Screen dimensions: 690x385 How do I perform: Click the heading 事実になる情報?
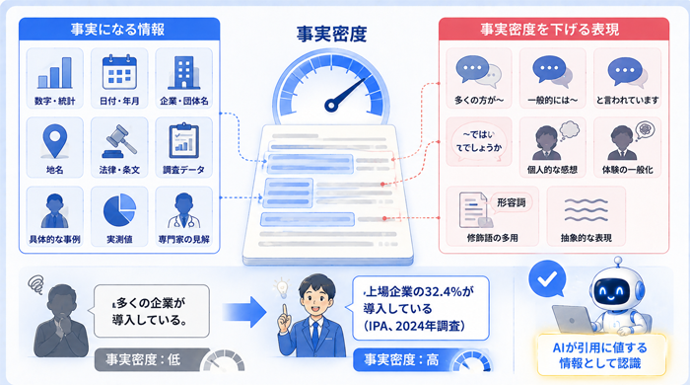(x=118, y=30)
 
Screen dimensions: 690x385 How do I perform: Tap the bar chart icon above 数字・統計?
(x=55, y=73)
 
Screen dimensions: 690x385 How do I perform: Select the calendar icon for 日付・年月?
(x=119, y=72)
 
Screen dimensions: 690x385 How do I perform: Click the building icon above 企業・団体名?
(x=184, y=73)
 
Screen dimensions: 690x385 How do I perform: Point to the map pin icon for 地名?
(x=55, y=140)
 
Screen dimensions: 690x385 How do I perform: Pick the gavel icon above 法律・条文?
(x=119, y=141)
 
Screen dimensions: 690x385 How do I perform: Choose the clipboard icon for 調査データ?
(x=184, y=140)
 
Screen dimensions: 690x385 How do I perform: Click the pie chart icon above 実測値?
(x=119, y=209)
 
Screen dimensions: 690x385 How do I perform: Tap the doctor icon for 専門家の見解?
(x=184, y=210)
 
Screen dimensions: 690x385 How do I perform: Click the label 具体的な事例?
(x=54, y=240)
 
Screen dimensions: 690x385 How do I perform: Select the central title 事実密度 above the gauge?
(x=331, y=34)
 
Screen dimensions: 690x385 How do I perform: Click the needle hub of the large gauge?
(x=331, y=105)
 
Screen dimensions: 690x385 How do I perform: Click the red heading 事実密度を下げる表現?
(x=549, y=30)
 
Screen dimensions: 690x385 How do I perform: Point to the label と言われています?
(x=628, y=101)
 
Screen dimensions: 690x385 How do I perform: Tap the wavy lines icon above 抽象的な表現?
(x=586, y=209)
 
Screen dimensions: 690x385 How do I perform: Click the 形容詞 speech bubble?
(x=512, y=202)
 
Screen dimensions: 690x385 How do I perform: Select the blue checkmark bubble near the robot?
(x=547, y=278)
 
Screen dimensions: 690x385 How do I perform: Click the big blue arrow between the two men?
(x=244, y=312)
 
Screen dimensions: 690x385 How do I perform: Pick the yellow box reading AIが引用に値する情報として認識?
(x=600, y=355)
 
